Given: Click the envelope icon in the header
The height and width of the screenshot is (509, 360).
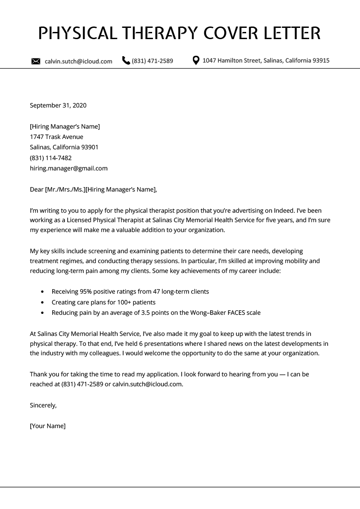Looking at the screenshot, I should [x=36, y=61].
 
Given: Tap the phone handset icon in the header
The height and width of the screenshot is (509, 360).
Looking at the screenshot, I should [x=126, y=61].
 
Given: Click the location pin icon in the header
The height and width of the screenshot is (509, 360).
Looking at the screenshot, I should [x=196, y=60].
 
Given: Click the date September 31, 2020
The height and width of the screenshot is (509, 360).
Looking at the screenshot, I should [x=58, y=106].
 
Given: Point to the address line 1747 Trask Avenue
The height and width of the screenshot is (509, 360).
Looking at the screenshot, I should [x=56, y=137].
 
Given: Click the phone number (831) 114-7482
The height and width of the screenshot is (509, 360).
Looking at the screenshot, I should [x=50, y=158].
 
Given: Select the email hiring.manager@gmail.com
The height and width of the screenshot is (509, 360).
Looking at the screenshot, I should [x=68, y=169].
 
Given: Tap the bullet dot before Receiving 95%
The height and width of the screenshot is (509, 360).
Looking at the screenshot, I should [x=42, y=292].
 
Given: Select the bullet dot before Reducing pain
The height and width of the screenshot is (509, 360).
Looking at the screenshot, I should [x=42, y=313].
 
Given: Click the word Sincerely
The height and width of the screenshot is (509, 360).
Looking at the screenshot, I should [x=43, y=405].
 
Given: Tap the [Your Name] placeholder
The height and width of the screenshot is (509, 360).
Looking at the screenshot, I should [x=48, y=426].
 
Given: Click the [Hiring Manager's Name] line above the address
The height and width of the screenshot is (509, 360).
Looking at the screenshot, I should [x=65, y=126].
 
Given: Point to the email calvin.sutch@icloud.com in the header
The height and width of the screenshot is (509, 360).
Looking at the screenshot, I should [x=78, y=61].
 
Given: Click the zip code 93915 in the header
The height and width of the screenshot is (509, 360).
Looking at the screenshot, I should [x=320, y=60].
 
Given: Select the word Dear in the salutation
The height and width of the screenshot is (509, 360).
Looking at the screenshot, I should [x=36, y=189].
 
